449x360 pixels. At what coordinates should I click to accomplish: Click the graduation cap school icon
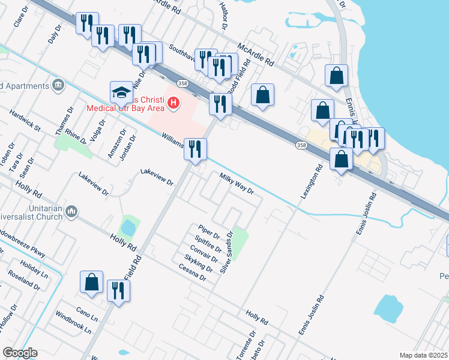[121, 94]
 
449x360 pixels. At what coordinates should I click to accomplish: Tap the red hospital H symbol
[174, 103]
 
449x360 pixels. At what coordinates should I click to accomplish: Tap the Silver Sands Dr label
[226, 252]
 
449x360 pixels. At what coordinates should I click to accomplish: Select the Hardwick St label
[25, 119]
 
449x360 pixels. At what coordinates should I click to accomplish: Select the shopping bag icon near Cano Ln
[91, 283]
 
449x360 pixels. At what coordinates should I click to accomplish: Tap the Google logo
[19, 352]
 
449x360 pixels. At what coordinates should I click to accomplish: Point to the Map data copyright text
[424, 355]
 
